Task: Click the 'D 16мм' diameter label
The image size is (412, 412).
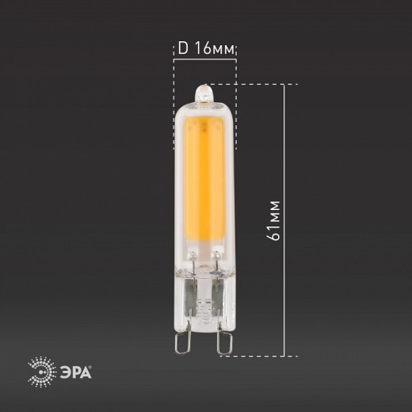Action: click(x=205, y=49)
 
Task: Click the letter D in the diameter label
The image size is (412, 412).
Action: click(x=181, y=49)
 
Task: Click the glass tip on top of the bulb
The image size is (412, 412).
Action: click(x=204, y=93)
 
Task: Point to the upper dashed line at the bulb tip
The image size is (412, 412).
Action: click(x=261, y=84)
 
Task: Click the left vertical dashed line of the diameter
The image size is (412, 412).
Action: click(x=174, y=103)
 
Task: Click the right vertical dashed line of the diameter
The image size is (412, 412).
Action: click(x=236, y=103)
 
